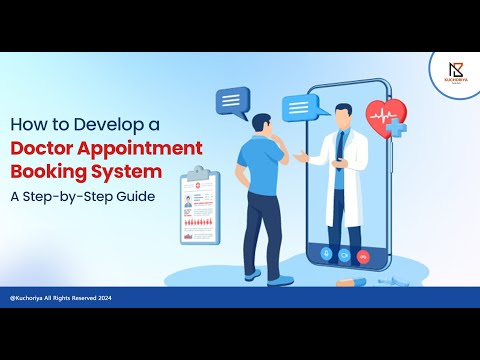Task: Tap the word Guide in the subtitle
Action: point(135,196)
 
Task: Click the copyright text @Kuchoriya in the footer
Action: point(31,298)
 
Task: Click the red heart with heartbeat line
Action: point(383,116)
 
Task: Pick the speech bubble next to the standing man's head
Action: point(232,101)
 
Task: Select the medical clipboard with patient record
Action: point(201,206)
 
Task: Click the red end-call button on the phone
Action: point(362,255)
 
